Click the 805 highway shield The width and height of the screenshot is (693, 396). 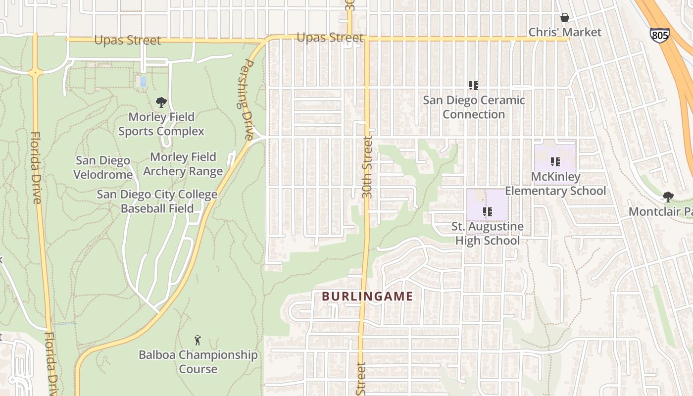pos(659,35)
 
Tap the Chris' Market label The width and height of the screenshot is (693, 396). pos(565,32)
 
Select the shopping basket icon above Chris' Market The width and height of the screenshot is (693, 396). pos(564,18)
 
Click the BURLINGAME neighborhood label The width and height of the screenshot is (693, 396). pos(367,297)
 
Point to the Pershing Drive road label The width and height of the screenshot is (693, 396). pos(247,99)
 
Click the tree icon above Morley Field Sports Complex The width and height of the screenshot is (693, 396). pos(161,103)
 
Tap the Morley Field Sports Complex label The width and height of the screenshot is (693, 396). pos(161,124)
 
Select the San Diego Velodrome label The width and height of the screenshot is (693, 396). pos(103,167)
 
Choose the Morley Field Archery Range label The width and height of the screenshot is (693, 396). pos(183,164)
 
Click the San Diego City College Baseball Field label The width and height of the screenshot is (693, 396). pos(157,201)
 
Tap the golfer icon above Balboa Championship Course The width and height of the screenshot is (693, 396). pos(198,340)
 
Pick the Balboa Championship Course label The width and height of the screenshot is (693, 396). pos(198,362)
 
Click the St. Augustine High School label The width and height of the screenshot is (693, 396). pos(488,234)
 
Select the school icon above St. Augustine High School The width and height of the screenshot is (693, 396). pos(488,212)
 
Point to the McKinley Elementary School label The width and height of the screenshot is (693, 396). pos(555,184)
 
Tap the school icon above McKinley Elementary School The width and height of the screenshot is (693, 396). pos(555,161)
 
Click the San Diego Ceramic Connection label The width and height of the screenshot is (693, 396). pos(474,107)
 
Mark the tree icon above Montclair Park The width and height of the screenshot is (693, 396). pos(668,197)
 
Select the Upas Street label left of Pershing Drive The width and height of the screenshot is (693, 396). pos(128,40)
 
